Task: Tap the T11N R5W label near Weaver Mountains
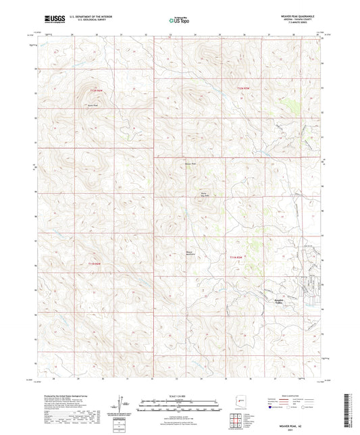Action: click(235, 257)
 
